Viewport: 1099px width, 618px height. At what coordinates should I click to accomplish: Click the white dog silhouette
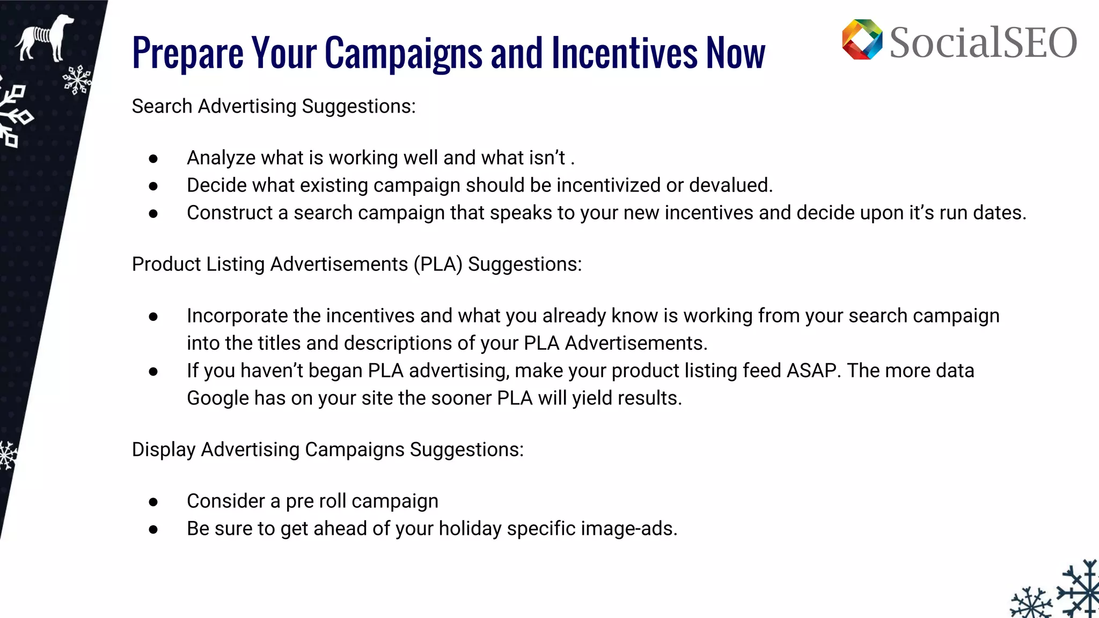(44, 39)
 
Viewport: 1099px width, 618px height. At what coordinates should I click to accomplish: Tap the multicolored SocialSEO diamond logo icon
(862, 40)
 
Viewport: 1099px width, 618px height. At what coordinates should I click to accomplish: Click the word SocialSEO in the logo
(983, 43)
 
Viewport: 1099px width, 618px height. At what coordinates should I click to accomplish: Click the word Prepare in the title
(188, 54)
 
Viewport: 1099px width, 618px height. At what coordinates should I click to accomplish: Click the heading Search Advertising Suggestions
(274, 106)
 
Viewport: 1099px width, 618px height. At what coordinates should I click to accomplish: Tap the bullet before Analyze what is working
(153, 159)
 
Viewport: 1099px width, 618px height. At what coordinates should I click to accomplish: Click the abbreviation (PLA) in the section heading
(438, 264)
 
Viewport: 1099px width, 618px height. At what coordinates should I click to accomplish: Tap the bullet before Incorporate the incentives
(153, 317)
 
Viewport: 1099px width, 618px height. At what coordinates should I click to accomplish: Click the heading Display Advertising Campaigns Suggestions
(327, 450)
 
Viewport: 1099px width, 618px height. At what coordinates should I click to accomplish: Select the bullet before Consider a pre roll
(153, 502)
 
